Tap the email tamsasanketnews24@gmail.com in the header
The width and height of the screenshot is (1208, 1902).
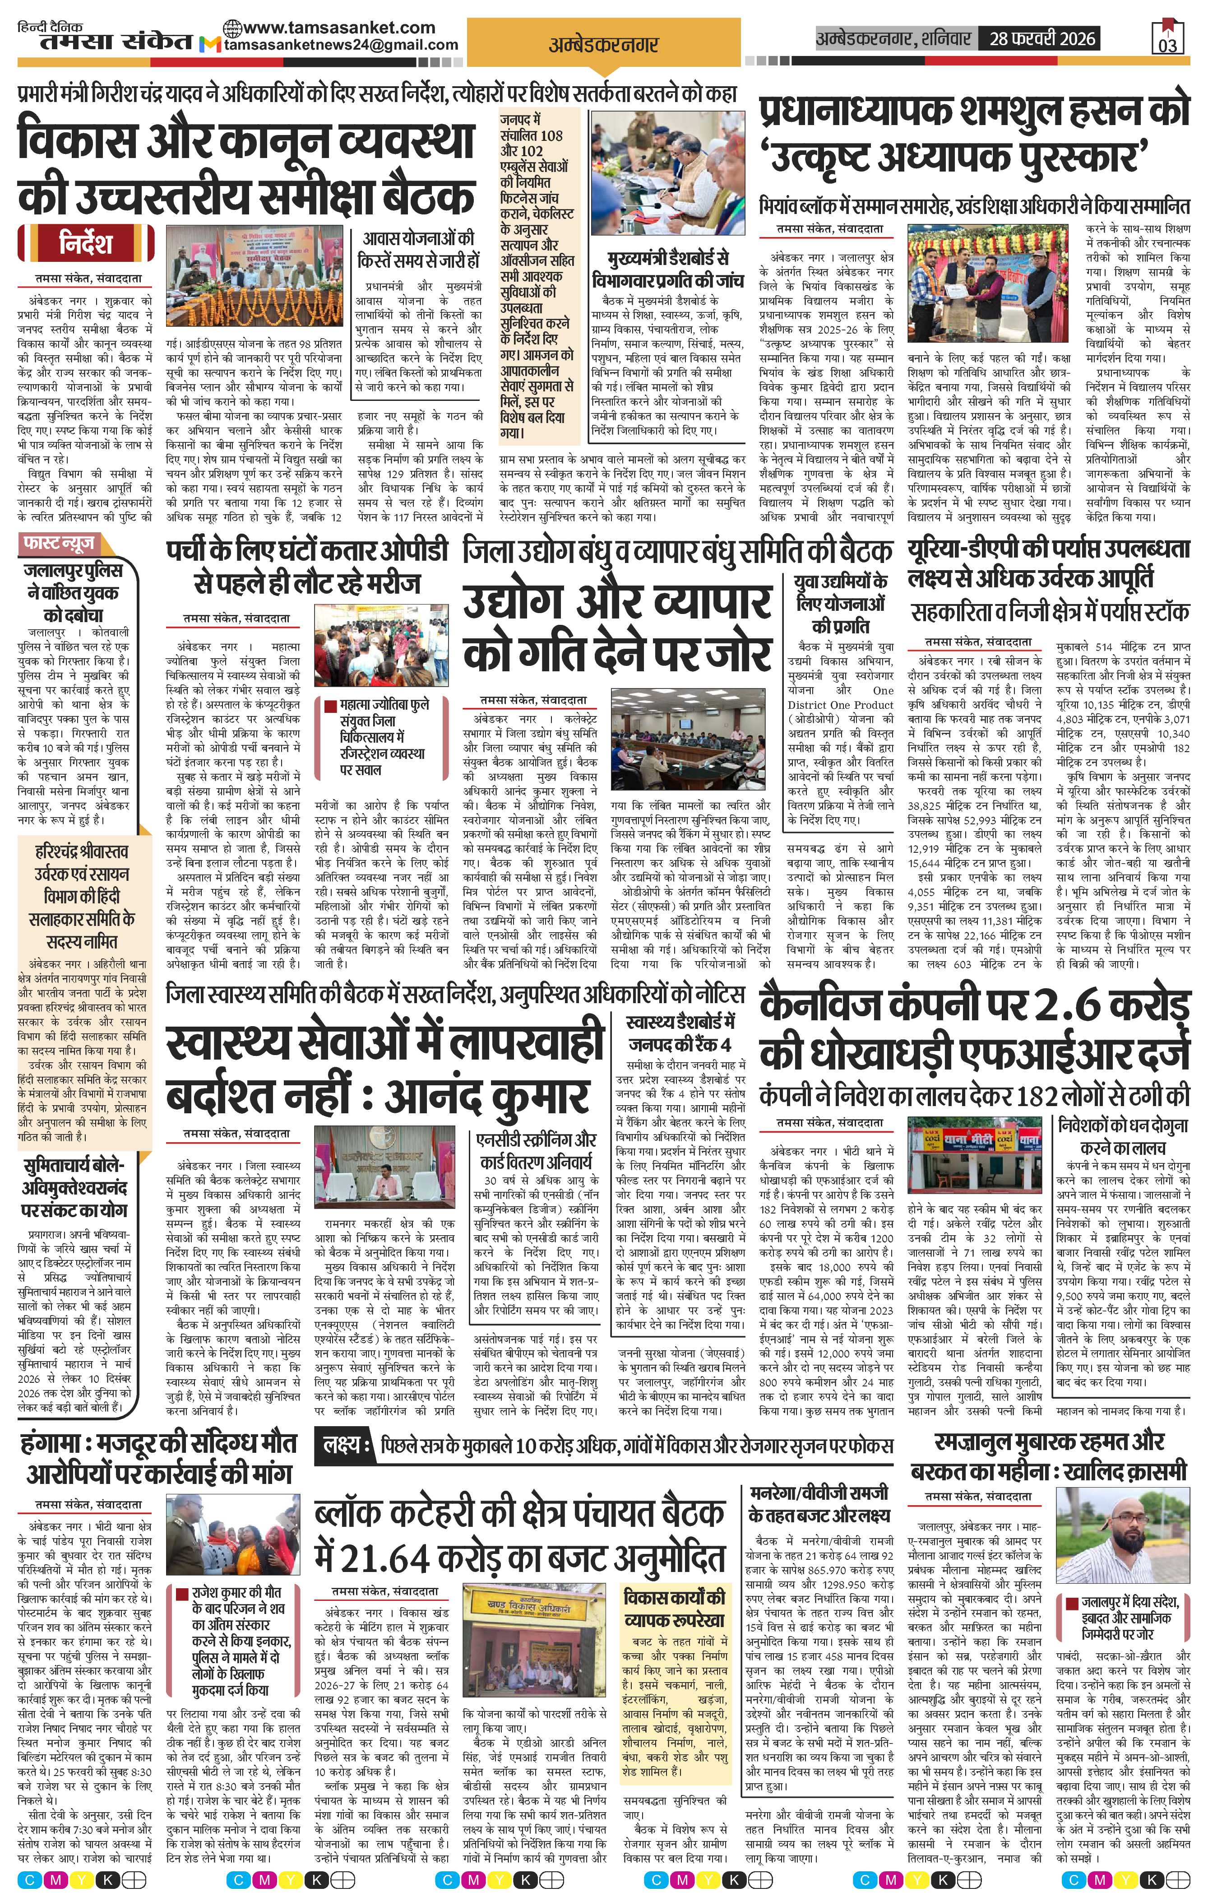point(341,45)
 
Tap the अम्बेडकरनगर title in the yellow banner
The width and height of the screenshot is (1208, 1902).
point(603,44)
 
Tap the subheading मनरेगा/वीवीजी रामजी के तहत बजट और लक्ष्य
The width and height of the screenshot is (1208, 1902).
point(818,1503)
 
